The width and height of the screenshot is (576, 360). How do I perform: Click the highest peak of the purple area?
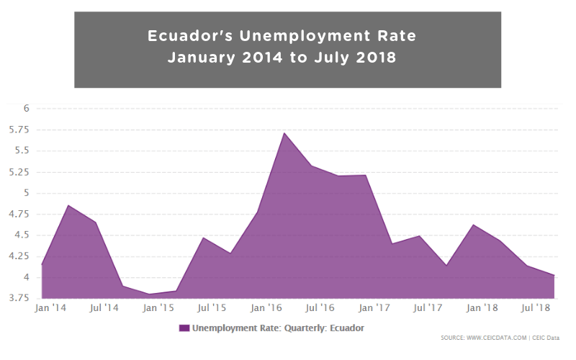(284, 133)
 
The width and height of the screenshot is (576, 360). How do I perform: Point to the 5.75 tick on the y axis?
(19, 130)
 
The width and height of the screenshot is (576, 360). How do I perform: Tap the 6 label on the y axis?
(25, 109)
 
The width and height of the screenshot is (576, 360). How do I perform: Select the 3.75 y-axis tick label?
(19, 298)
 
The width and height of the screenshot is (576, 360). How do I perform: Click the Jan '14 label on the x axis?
(50, 308)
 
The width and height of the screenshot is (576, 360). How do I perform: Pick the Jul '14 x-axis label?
(104, 308)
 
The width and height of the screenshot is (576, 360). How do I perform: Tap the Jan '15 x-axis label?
(158, 308)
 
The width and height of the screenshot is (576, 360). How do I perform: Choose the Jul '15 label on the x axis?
(212, 308)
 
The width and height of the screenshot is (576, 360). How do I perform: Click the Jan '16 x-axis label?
(266, 308)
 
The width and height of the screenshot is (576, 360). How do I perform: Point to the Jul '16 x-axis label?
(320, 308)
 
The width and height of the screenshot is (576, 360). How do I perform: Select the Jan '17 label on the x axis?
(374, 308)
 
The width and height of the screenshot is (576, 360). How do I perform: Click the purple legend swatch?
(184, 328)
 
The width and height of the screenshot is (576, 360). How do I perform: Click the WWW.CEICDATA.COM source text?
(494, 337)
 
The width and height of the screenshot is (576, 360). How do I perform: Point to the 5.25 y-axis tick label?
(19, 172)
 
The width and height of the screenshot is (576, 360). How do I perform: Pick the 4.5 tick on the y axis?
(22, 235)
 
